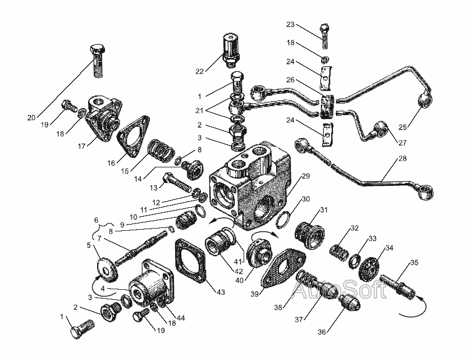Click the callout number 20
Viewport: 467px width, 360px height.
click(x=31, y=117)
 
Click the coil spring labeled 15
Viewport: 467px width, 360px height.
click(x=159, y=152)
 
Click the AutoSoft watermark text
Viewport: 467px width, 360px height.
click(x=340, y=290)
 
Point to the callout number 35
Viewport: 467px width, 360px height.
click(x=414, y=262)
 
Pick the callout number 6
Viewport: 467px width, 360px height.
click(x=96, y=220)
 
